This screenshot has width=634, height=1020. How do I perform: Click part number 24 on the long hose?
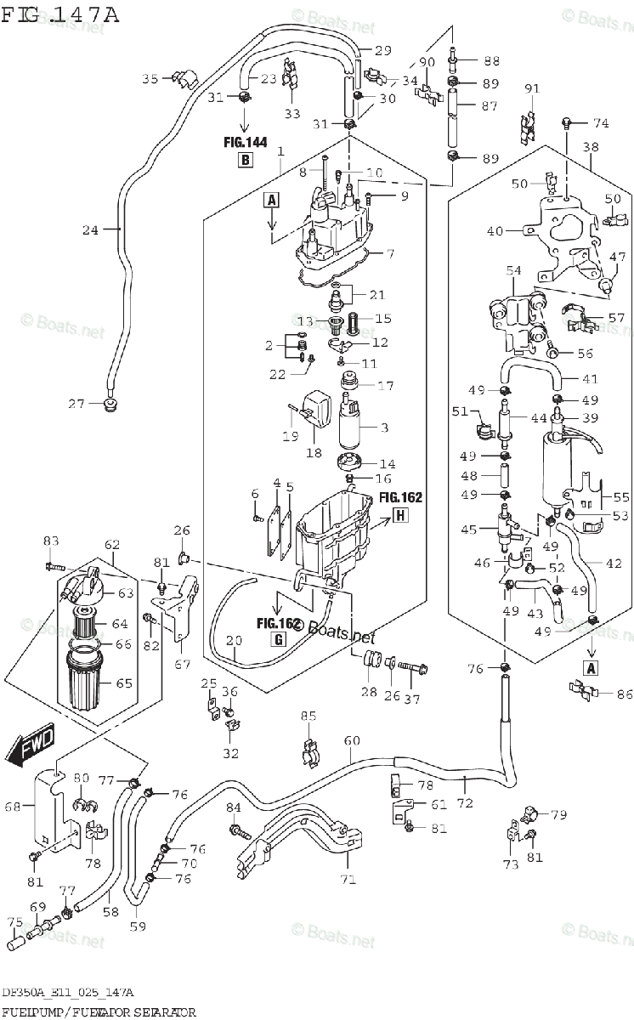(x=90, y=229)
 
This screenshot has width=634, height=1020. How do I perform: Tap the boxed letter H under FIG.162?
(x=400, y=514)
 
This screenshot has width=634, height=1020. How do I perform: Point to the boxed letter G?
(x=278, y=641)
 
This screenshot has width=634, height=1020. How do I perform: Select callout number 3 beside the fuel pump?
(x=383, y=427)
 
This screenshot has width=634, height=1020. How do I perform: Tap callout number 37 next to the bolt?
(x=412, y=700)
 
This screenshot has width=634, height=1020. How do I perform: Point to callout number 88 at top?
(x=491, y=60)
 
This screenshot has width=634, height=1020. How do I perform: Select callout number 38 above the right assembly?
(x=591, y=146)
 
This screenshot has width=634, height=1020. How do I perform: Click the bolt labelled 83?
(x=53, y=563)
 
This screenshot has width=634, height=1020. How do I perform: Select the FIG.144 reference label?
(x=245, y=142)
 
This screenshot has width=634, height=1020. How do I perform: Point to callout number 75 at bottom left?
(x=14, y=921)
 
